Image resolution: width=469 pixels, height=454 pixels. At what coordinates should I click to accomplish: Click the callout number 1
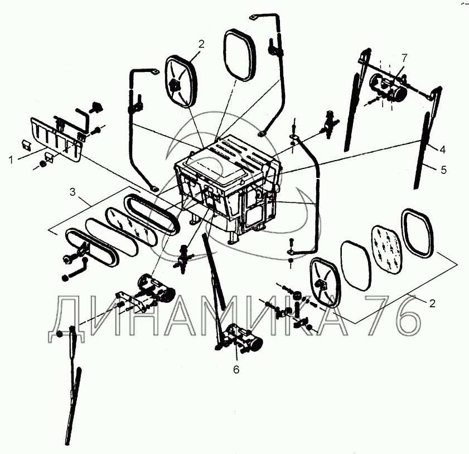tap(11, 160)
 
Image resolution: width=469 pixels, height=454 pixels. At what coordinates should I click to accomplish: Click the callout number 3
tap(72, 192)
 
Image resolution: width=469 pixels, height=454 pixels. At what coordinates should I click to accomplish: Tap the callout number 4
tap(443, 149)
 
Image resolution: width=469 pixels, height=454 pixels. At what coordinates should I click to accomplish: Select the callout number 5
tap(444, 170)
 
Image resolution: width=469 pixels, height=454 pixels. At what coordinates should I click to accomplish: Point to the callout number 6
tap(236, 370)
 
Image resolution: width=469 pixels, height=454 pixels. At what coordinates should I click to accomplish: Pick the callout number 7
tap(404, 57)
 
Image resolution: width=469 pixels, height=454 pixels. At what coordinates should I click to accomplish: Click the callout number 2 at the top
tap(201, 44)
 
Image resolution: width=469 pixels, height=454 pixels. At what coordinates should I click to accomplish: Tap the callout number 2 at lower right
tap(432, 303)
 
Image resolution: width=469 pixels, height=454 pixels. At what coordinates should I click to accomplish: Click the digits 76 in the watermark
tap(394, 315)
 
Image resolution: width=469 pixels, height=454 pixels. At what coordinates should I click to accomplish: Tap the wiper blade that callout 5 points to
tap(422, 152)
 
